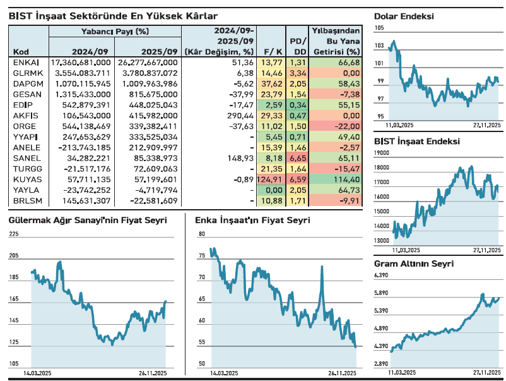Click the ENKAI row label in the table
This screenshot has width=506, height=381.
coord(22,63)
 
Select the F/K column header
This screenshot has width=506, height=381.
coord(273,51)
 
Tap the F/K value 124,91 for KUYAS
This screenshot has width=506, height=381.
coord(271,179)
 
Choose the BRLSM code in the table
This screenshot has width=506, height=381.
coord(24,201)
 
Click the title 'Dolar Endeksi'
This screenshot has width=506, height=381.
coord(404,16)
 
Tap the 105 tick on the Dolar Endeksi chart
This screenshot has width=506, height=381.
coord(379,28)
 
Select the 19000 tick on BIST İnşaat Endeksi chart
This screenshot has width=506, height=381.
coord(382,153)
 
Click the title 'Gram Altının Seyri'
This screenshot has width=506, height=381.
coord(414,264)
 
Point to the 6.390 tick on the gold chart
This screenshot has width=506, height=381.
coord(382,275)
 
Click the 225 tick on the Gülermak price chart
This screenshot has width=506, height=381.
coord(15,234)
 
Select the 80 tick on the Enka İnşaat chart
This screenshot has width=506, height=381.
coord(202,234)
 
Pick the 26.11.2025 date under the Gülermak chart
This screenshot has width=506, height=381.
coord(152,373)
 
